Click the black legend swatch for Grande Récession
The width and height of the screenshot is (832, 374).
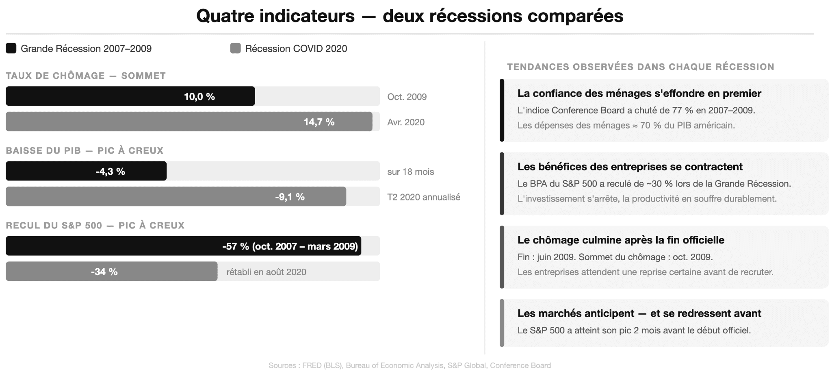(11, 48)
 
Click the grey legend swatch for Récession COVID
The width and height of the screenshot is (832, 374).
(235, 48)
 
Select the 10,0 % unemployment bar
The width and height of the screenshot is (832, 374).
(130, 96)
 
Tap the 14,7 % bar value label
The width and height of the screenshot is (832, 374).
(319, 122)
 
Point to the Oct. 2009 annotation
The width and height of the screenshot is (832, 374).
(407, 97)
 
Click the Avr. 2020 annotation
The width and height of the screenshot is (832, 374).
(405, 122)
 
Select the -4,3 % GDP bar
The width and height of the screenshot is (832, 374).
(86, 171)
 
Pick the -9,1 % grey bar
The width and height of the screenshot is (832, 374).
(175, 197)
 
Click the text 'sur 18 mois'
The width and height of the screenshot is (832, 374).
(410, 172)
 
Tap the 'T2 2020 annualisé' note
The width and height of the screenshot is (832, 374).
(423, 197)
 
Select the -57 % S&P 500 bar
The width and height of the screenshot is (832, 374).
(183, 246)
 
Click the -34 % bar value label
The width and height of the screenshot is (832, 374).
(104, 272)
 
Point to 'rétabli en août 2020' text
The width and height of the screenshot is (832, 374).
(266, 272)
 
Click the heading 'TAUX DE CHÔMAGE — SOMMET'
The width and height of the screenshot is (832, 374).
(86, 76)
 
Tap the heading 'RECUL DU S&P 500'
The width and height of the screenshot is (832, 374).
(54, 226)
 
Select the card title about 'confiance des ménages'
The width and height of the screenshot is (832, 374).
(639, 93)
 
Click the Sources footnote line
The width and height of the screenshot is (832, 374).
(409, 365)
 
